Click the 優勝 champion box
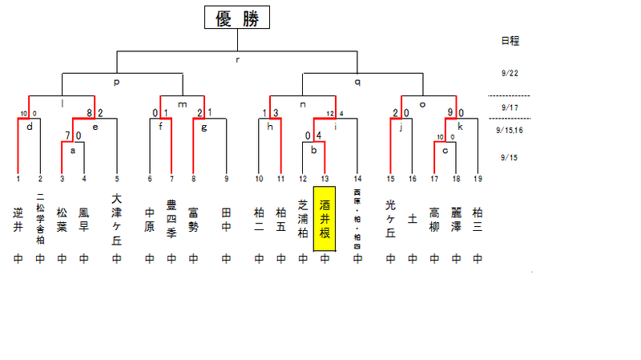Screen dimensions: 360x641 [237, 19]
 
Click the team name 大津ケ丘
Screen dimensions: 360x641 [117, 217]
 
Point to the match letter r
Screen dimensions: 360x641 [237, 59]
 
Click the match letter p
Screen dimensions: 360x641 [117, 82]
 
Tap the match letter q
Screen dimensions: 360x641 [357, 82]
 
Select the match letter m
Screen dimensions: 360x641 [183, 104]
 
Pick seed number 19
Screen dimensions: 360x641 [478, 178]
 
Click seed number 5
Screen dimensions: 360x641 [117, 178]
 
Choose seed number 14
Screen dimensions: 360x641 [357, 178]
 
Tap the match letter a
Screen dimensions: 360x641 [73, 149]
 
